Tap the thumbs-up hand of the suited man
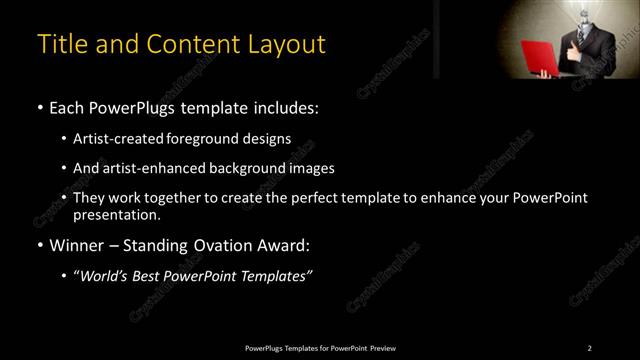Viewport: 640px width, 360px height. pos(600,49)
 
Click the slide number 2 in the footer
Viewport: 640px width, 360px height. pos(589,347)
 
